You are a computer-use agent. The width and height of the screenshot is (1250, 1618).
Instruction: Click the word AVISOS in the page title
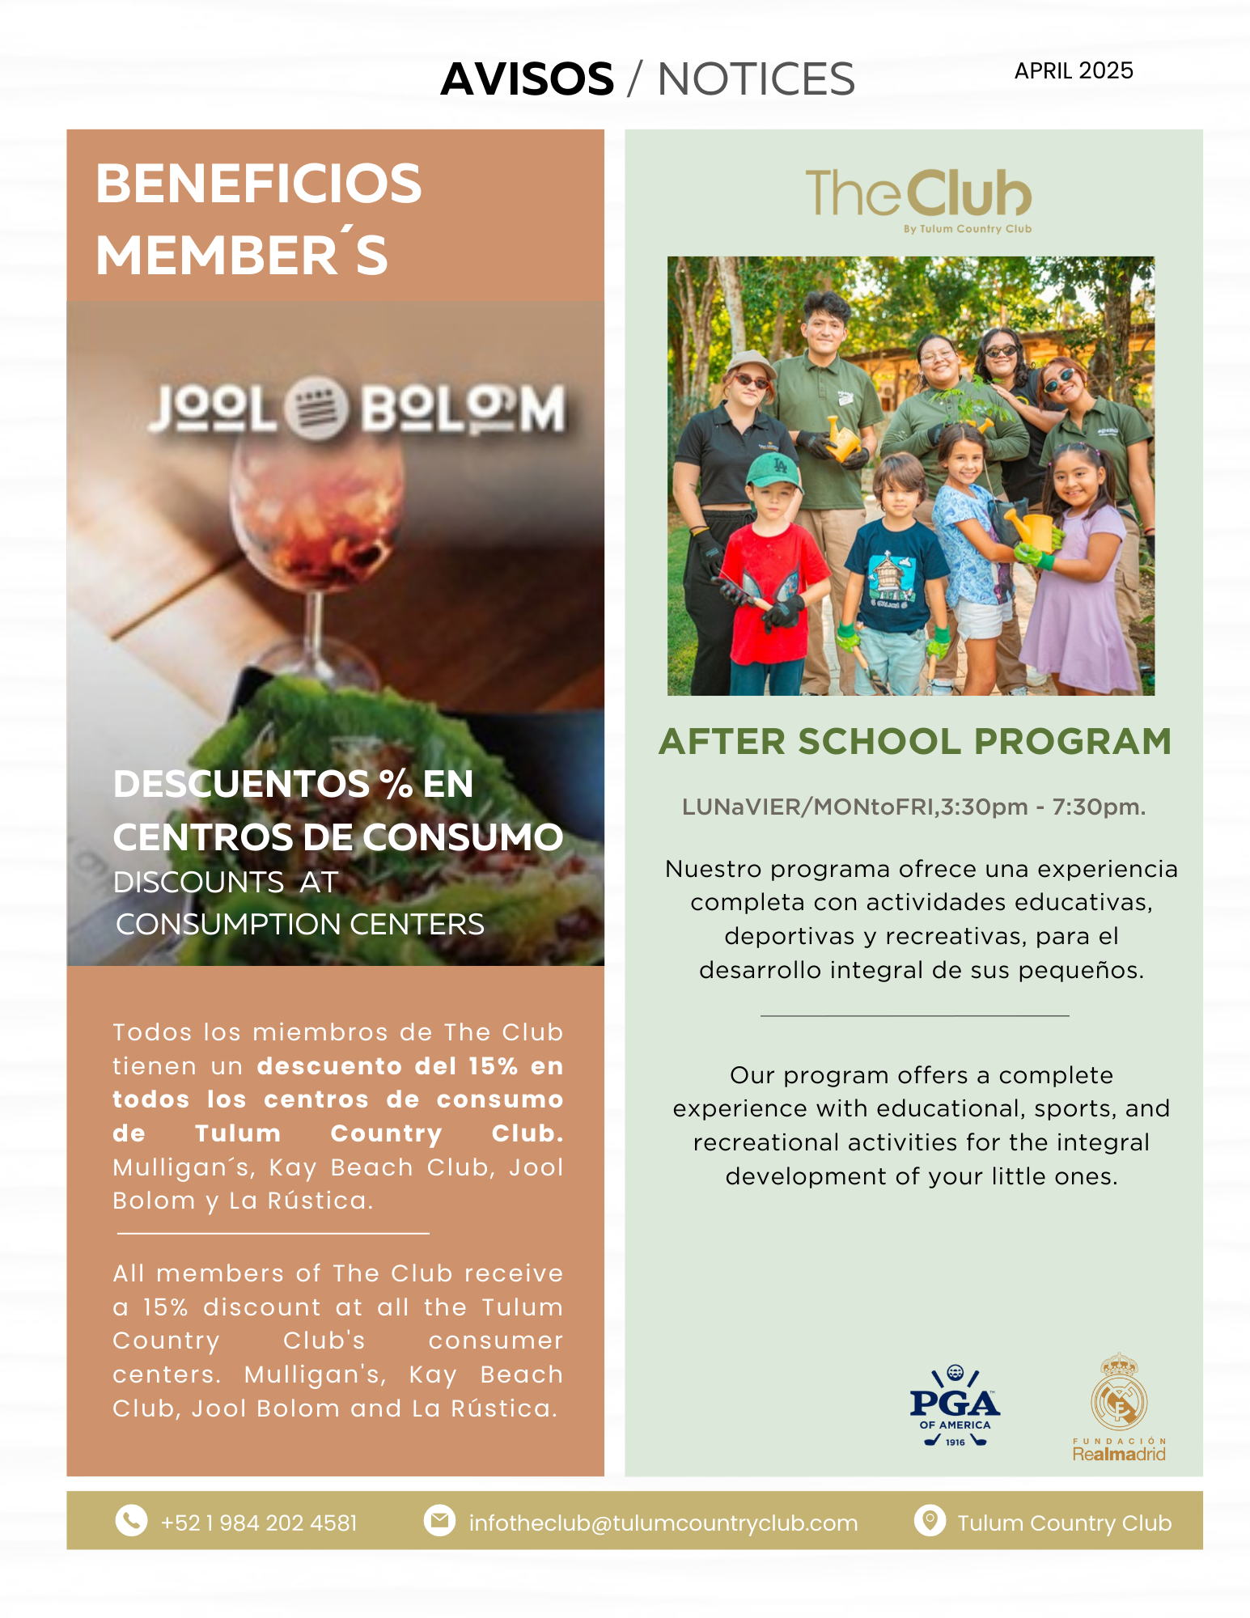click(x=527, y=79)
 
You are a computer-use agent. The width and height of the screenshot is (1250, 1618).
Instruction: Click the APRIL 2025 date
click(x=1073, y=71)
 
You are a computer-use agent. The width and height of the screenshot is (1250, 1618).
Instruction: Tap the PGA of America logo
click(x=955, y=1406)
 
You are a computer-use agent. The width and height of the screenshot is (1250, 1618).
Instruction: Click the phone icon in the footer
click(x=131, y=1520)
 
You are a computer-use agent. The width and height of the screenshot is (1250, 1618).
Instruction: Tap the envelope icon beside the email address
click(x=439, y=1520)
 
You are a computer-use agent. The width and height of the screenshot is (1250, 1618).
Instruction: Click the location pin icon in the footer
click(x=930, y=1520)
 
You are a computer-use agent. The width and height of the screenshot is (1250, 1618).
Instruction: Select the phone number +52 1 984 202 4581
click(x=259, y=1523)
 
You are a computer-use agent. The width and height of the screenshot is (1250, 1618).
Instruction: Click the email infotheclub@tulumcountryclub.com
click(x=663, y=1523)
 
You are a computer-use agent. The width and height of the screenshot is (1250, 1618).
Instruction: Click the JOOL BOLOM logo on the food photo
click(x=356, y=409)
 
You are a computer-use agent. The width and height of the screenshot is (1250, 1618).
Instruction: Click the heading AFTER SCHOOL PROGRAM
click(x=915, y=741)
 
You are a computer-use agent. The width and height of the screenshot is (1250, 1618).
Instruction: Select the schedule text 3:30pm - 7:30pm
click(x=1043, y=807)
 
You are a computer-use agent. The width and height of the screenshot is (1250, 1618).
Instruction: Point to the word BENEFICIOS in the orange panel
click(x=259, y=184)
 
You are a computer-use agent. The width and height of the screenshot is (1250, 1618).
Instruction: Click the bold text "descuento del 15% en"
click(x=409, y=1065)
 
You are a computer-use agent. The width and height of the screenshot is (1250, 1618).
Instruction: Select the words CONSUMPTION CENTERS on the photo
click(x=300, y=924)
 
